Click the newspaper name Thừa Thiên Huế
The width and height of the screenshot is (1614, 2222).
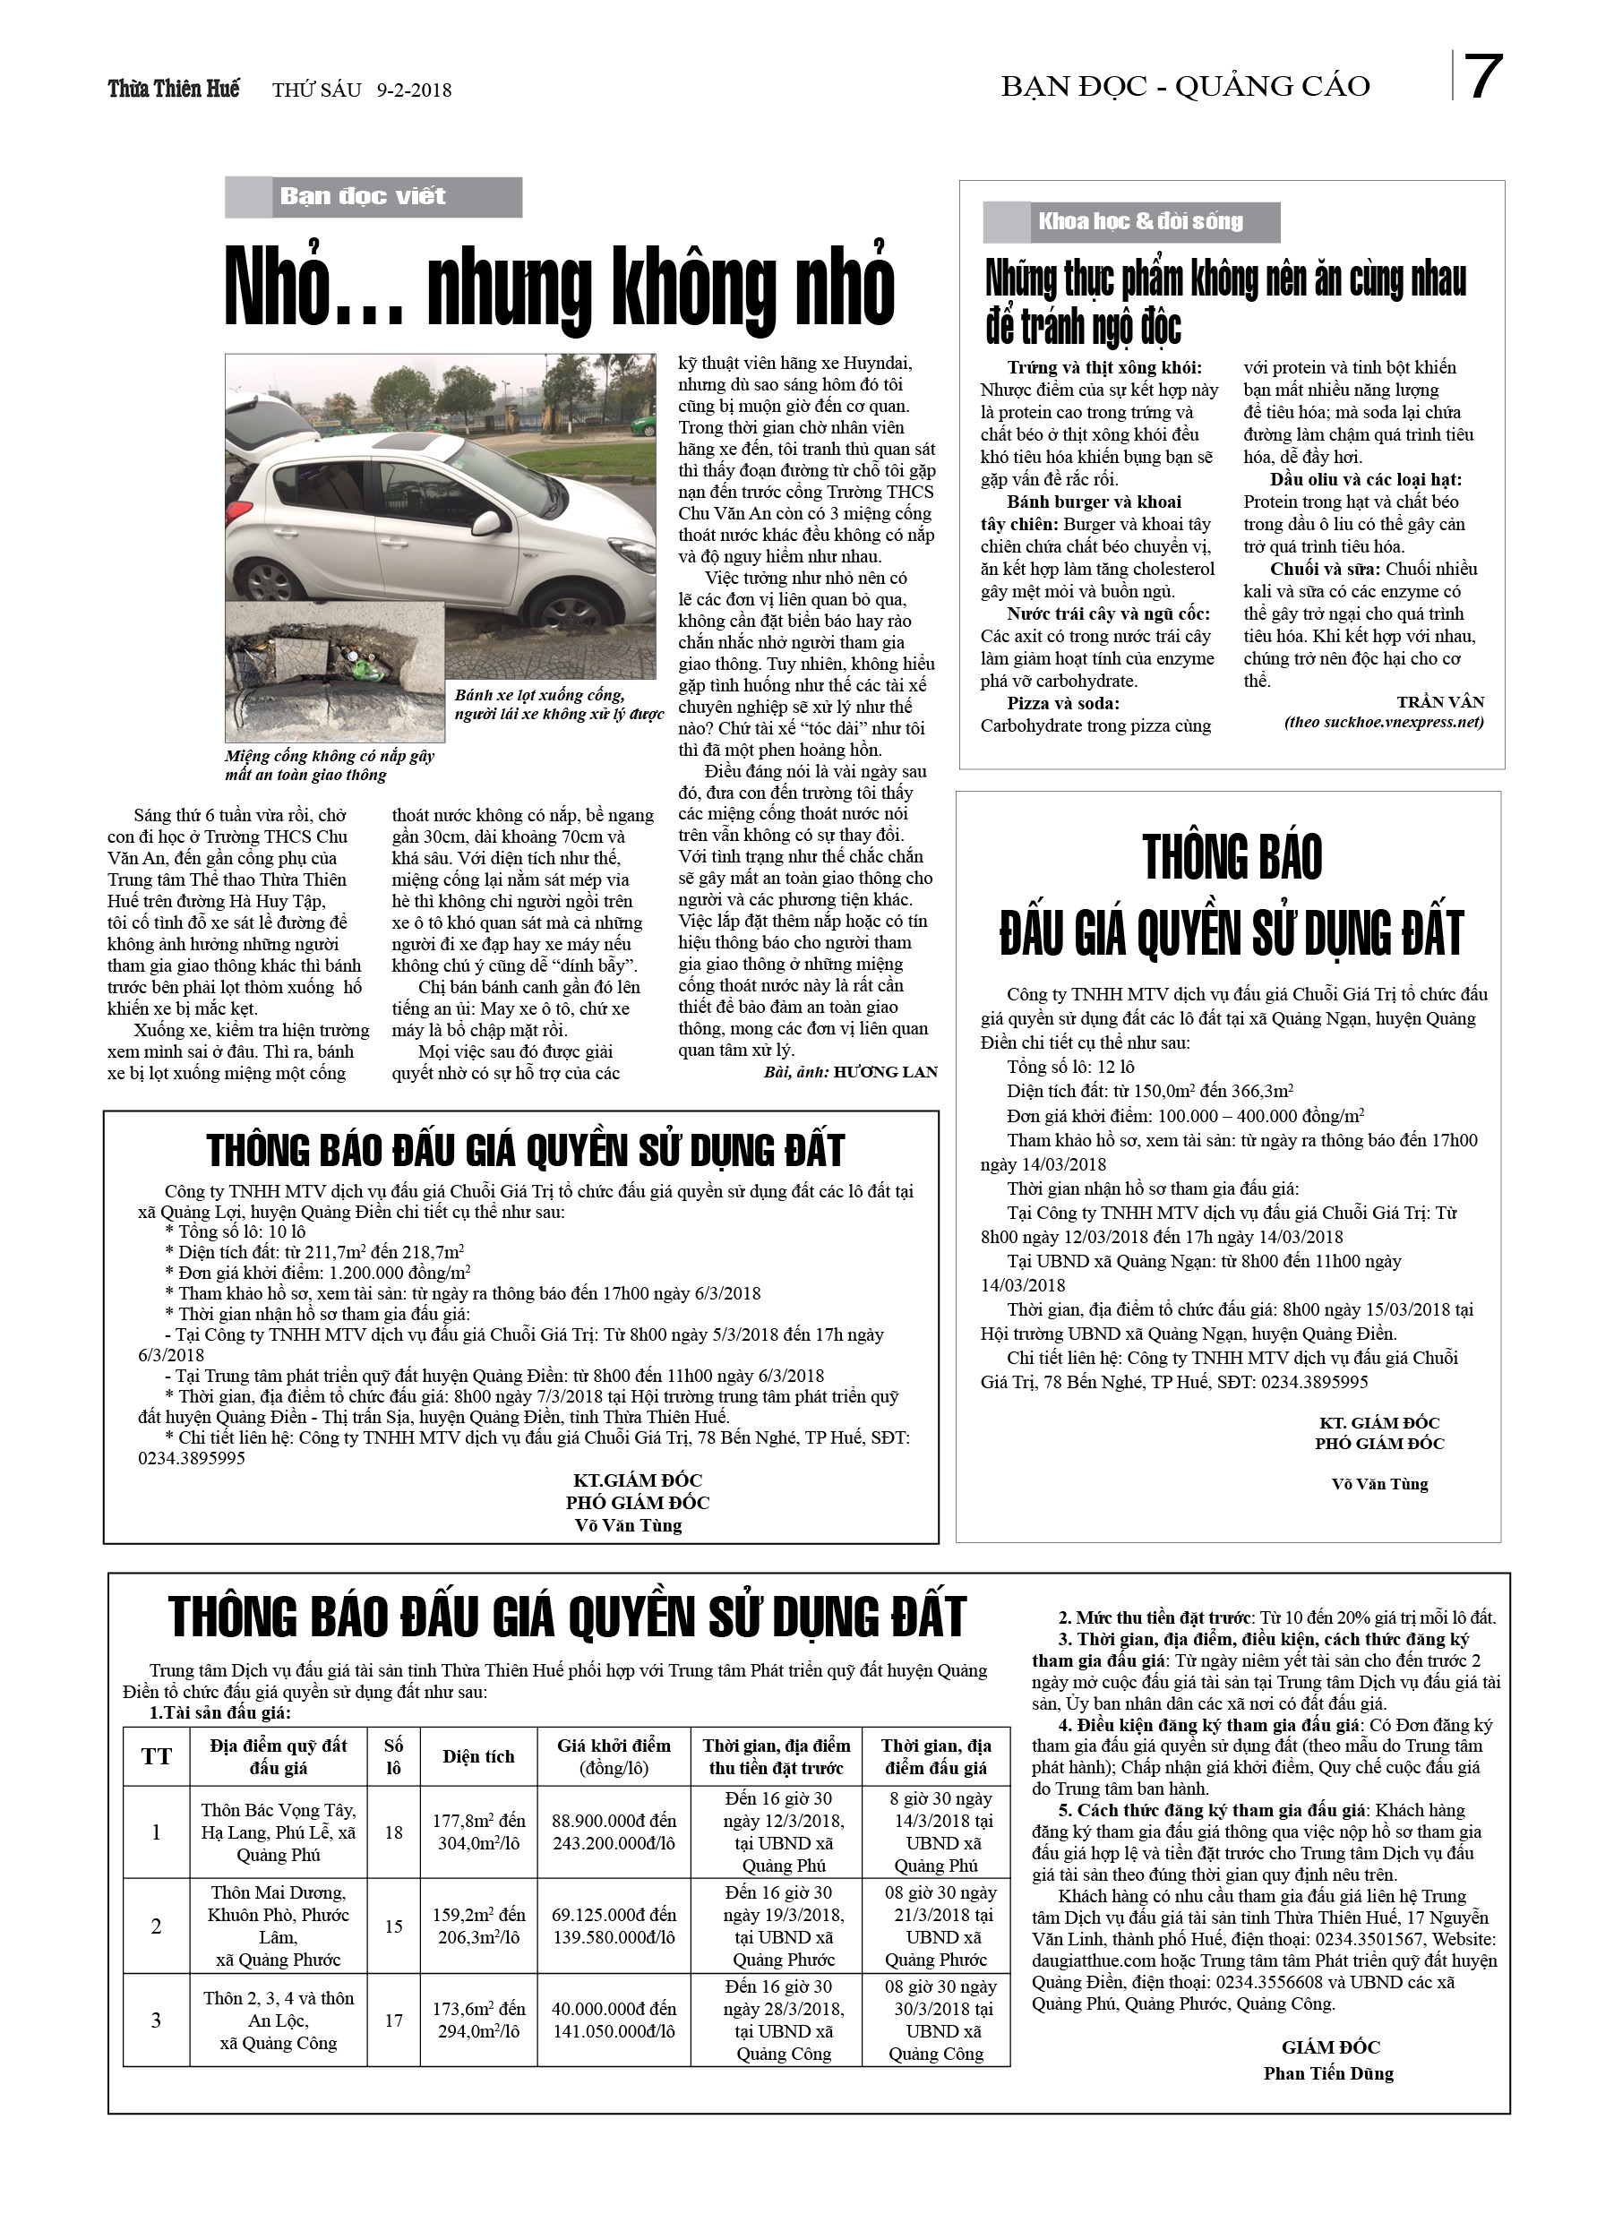[174, 90]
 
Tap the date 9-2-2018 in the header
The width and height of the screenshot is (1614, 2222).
[414, 90]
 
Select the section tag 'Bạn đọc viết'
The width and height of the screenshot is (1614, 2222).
[363, 196]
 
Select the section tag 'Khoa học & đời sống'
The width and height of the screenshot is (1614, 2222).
[1139, 221]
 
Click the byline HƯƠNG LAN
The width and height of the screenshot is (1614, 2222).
[885, 1073]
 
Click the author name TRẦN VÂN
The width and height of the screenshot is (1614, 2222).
[1440, 701]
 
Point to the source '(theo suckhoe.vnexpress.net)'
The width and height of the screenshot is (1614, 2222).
[1384, 722]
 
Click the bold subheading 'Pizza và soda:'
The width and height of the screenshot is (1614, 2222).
[1062, 703]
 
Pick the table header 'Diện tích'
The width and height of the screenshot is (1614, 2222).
[478, 1756]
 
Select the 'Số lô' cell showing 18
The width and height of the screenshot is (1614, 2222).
[393, 1832]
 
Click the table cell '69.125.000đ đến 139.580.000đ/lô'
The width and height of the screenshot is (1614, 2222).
[614, 1926]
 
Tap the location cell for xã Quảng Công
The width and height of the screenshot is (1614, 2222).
[279, 2020]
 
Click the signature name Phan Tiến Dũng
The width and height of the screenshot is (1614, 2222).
[1328, 2073]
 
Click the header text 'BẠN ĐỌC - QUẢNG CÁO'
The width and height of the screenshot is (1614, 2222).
[1186, 87]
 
